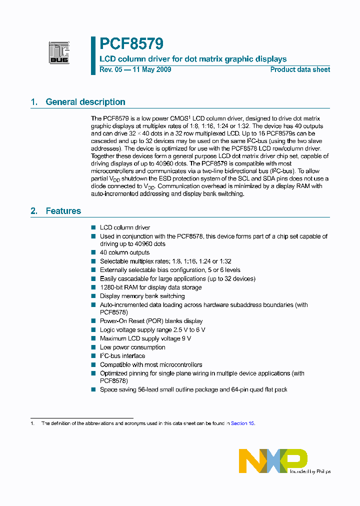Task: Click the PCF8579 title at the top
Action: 131,44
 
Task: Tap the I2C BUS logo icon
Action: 59,52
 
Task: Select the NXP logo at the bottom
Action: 273,460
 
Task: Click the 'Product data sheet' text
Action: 300,69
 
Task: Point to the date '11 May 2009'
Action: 151,69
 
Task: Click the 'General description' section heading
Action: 85,102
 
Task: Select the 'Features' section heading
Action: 63,211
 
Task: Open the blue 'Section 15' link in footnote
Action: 242,423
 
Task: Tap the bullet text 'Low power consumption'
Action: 132,347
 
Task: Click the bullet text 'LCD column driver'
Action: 125,227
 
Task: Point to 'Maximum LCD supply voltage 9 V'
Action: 145,338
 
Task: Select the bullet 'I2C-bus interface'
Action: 122,356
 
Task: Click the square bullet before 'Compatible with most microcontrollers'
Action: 93,364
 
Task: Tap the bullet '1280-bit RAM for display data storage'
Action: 150,287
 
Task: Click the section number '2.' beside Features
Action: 34,211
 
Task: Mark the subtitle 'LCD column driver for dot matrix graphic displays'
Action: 193,59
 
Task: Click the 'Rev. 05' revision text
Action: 110,69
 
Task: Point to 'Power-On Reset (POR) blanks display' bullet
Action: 151,321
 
